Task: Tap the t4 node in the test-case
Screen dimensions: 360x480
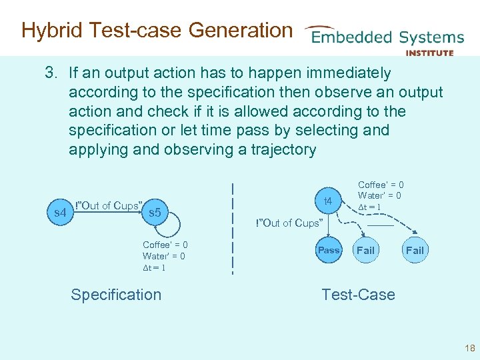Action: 328,200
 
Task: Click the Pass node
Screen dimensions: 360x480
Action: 328,251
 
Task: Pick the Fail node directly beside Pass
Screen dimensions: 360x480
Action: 365,251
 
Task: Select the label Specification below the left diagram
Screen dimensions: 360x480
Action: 116,295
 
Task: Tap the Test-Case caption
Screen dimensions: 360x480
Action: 358,295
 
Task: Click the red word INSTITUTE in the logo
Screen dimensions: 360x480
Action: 429,53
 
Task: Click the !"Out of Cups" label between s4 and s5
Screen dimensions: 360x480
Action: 109,205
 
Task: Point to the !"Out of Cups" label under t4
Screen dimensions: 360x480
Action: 289,223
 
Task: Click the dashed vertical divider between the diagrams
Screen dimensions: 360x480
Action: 233,227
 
